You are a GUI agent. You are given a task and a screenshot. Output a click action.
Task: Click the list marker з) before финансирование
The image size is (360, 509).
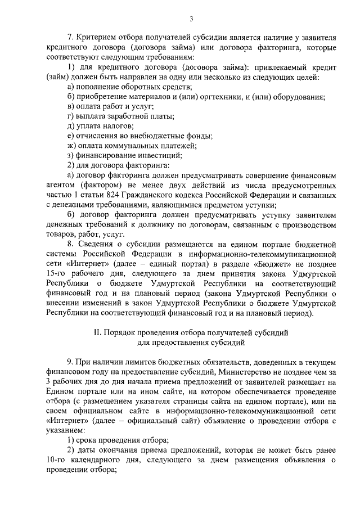pos(70,156)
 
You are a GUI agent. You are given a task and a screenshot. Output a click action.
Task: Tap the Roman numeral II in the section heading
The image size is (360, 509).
pos(96,333)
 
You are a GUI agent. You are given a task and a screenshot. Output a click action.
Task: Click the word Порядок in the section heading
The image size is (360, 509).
pos(121,333)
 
